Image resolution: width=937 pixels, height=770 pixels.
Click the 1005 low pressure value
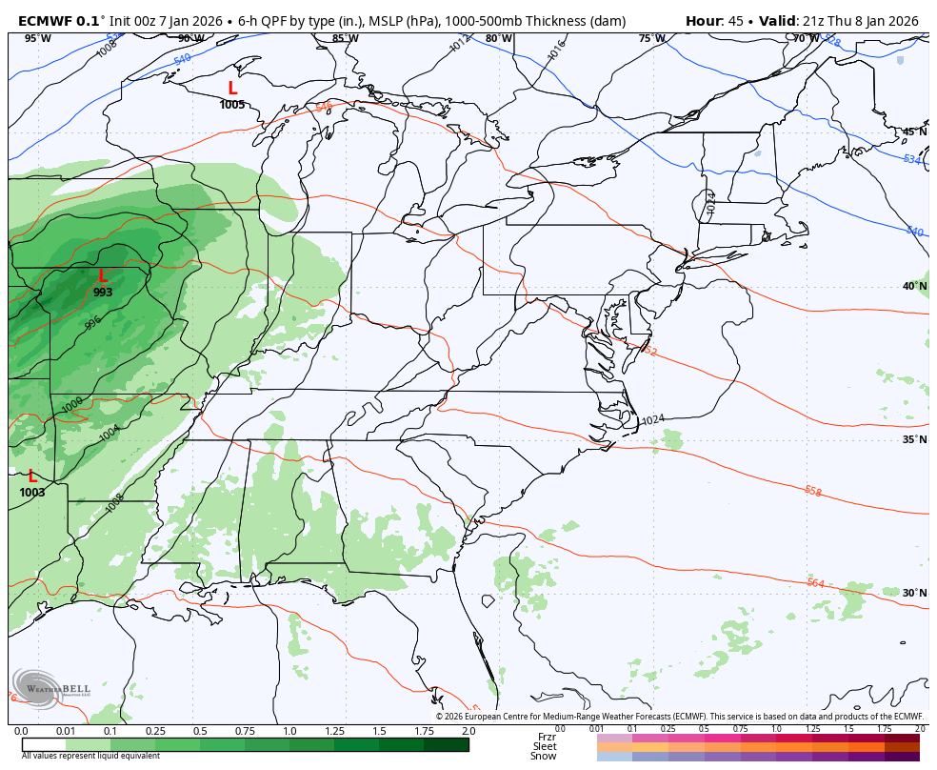tap(232, 105)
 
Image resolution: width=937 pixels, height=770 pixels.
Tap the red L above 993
tap(103, 276)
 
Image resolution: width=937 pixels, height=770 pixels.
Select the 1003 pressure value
tap(32, 493)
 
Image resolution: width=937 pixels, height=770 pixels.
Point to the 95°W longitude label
tap(38, 39)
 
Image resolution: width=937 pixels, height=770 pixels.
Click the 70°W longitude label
tap(806, 39)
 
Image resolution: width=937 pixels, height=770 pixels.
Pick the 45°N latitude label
tap(914, 132)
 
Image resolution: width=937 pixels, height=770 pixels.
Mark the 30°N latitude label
tap(914, 593)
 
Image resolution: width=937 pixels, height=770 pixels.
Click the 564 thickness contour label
tap(815, 583)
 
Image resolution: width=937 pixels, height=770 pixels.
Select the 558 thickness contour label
tap(812, 492)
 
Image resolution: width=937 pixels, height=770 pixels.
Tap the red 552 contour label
tap(648, 352)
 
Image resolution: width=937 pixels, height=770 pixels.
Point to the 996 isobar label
tap(92, 323)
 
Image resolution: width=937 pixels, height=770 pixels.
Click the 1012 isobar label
tap(460, 44)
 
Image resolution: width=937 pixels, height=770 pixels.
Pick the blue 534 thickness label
tap(912, 159)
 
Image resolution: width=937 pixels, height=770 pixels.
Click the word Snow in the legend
tap(544, 757)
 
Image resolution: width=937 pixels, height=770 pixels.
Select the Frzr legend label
tap(546, 737)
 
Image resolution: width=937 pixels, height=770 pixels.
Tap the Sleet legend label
tap(544, 746)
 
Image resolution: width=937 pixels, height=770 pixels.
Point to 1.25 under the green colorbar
tap(334, 731)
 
